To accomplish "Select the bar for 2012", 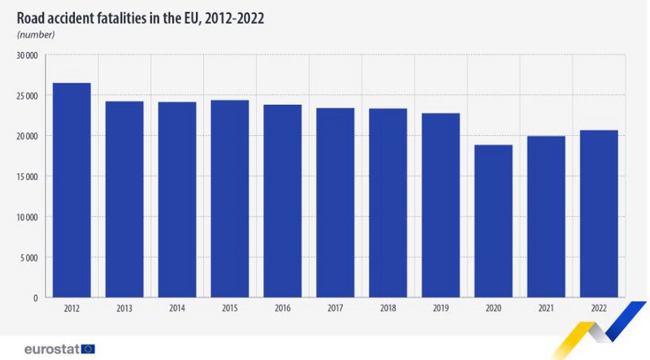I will (71, 190).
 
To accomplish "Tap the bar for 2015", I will (230, 198).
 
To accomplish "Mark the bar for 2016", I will (282, 201).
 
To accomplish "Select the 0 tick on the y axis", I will (36, 298).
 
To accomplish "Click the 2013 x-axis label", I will (124, 309).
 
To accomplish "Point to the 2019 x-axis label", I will (440, 309).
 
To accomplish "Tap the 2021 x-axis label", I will (546, 309).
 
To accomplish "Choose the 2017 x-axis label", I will (335, 309).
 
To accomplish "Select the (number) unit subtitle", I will (35, 34).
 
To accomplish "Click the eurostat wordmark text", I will (50, 349).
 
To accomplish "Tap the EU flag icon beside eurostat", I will (88, 349).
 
